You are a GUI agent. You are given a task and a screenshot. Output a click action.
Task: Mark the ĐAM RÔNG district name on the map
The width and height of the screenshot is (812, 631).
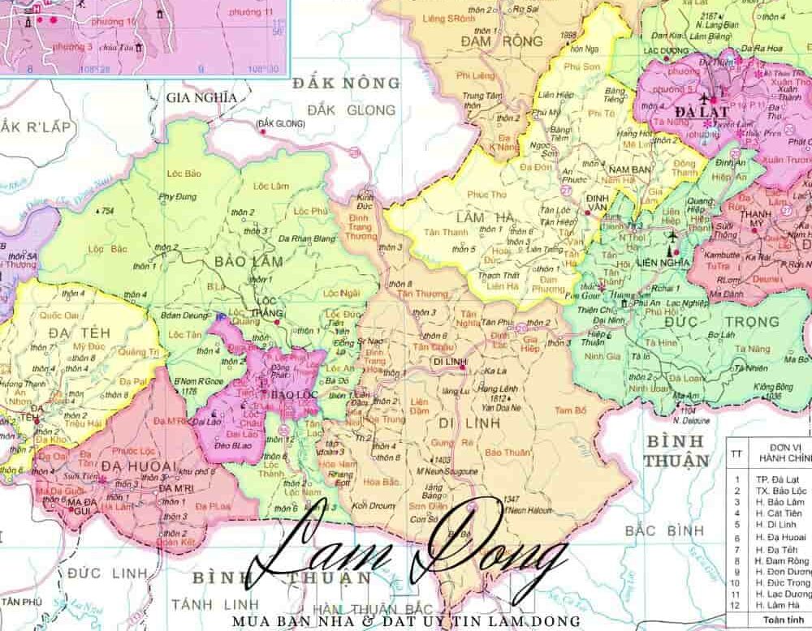490,41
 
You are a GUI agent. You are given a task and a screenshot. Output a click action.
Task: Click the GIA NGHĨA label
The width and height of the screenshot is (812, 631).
201,97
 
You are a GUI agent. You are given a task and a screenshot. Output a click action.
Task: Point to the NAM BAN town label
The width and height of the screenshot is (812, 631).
630,169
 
